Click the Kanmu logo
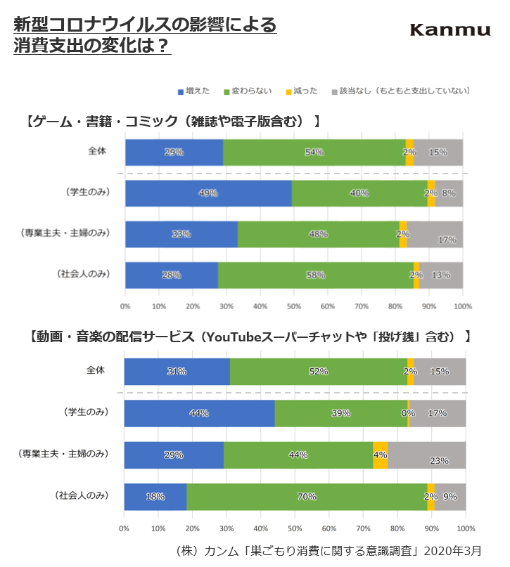450,30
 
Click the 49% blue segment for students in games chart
208,193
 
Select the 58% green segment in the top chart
316,275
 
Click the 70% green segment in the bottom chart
307,497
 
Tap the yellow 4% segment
380,455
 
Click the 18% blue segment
155,497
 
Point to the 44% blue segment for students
199,413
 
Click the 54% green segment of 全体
314,152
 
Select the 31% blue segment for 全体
177,371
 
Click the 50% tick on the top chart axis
294,306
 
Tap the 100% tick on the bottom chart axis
465,528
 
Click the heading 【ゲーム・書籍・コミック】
172,122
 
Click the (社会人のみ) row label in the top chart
84,274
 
